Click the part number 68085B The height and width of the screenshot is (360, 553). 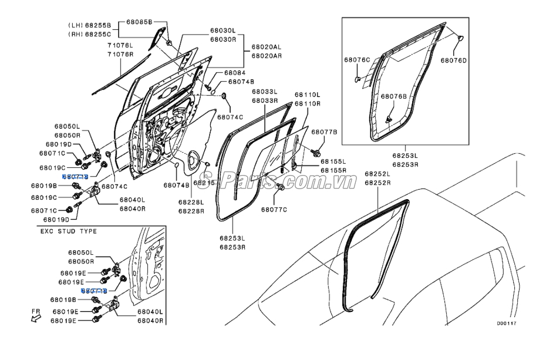click(139, 21)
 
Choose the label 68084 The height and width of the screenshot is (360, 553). click(235, 73)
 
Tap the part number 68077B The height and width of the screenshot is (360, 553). click(324, 132)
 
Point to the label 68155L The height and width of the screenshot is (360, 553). click(333, 160)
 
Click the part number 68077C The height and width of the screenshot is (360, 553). click(274, 208)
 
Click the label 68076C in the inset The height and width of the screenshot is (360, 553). click(357, 60)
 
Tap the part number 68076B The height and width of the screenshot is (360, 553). click(393, 96)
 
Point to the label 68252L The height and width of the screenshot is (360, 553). click(377, 174)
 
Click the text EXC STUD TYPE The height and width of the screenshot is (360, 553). click(68, 231)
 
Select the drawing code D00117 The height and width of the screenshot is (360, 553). click(507, 323)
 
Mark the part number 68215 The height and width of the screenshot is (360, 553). click(205, 183)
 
